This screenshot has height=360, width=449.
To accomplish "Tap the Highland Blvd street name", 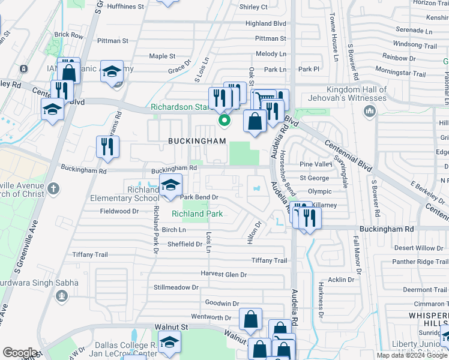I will (x=266, y=23).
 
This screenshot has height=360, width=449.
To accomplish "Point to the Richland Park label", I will (x=197, y=214).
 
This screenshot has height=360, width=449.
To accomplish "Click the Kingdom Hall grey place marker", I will (x=369, y=111).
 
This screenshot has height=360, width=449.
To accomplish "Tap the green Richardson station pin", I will (x=224, y=121).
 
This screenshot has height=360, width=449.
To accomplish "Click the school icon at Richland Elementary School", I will (x=170, y=185).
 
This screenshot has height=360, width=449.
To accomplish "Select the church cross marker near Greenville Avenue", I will (x=53, y=188).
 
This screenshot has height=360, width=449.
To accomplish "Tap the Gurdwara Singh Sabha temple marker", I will (x=61, y=295).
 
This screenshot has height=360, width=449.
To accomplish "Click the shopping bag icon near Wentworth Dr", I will (x=250, y=320).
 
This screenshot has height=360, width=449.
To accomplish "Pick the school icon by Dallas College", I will (x=170, y=343).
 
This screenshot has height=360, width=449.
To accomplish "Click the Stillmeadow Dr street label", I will (x=176, y=287).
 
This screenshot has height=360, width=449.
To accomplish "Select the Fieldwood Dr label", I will (x=119, y=211).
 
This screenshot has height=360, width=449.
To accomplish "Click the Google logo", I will (x=20, y=352).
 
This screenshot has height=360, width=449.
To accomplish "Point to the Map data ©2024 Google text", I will (x=411, y=355).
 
